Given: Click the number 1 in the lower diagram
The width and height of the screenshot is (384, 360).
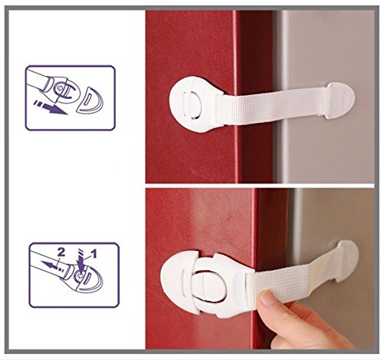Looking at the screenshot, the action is tap(94, 254).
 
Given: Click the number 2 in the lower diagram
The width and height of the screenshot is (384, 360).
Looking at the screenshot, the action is tap(61, 253).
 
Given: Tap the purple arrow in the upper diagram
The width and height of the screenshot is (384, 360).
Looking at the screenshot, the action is tap(51, 107).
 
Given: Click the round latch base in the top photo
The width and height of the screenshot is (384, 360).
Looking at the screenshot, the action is tap(194, 104).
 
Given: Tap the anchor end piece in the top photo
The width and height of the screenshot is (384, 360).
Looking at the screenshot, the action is tap(340, 100).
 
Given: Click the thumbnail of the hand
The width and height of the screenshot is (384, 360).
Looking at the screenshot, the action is tap(266, 299).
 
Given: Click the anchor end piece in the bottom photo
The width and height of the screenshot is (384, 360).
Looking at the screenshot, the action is tap(347, 259).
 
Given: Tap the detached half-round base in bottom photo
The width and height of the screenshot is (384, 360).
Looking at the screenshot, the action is tap(179, 282).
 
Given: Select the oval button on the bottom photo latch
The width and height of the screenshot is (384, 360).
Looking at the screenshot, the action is tap(209, 286).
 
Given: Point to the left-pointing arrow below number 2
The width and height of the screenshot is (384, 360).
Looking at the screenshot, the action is tap(52, 266).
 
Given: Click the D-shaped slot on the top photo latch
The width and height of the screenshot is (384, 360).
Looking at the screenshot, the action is tap(194, 104).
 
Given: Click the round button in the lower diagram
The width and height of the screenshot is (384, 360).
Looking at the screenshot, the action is tap(80, 276).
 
